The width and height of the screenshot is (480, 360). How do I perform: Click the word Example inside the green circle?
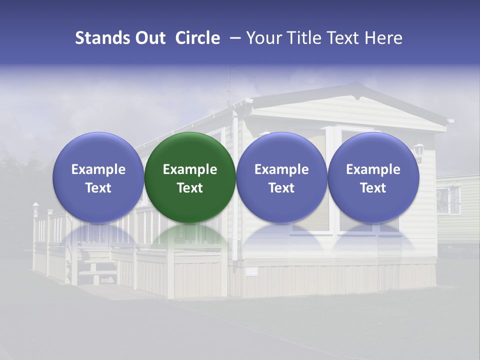point(189,169)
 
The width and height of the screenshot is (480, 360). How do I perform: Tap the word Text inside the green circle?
point(189,188)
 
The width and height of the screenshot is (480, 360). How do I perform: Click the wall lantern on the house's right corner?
point(418,151)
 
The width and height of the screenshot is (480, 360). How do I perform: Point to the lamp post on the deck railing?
point(35,209)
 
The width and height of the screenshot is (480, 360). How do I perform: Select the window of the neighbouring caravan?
point(448,200)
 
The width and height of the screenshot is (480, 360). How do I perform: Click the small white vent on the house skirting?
point(251,271)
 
